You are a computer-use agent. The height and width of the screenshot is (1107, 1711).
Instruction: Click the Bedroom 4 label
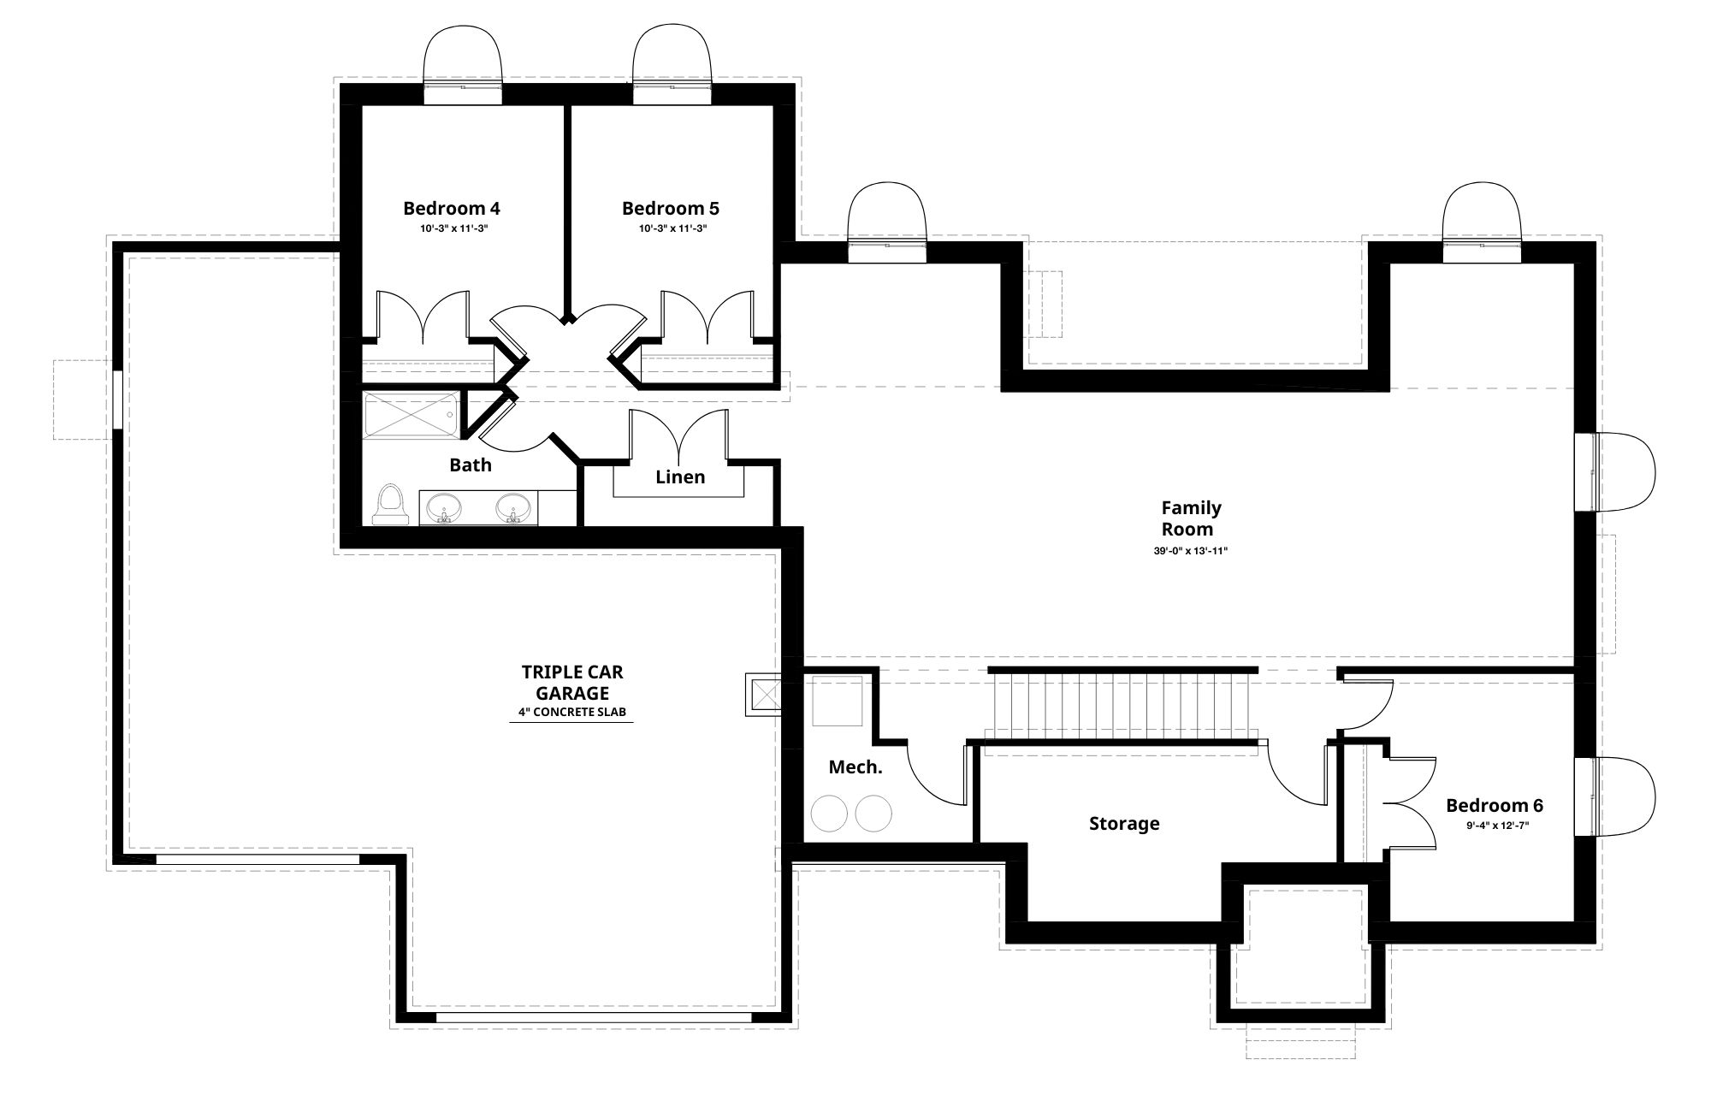452,208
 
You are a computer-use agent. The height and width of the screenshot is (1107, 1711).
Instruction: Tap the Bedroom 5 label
670,208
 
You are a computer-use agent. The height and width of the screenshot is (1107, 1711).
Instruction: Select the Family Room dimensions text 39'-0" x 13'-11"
1191,552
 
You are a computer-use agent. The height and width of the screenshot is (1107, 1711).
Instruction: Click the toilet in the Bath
390,504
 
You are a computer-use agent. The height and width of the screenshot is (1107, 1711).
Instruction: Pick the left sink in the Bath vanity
443,508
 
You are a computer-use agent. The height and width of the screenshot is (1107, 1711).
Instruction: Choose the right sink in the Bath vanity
513,508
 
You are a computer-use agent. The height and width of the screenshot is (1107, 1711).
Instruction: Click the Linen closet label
680,477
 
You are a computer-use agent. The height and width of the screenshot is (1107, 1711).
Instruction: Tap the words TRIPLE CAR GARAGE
572,683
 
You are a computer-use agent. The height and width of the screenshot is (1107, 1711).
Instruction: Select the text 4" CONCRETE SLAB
571,712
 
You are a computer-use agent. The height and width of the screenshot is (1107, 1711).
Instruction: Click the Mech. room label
855,767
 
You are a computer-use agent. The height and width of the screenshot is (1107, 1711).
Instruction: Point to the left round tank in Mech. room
828,813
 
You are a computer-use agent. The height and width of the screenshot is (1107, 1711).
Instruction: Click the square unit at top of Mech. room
837,701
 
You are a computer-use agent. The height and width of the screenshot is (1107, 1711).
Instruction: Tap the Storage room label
1124,824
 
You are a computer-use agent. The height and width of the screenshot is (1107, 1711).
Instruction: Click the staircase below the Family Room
1122,707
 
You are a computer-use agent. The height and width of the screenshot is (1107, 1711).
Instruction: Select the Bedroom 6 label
1495,805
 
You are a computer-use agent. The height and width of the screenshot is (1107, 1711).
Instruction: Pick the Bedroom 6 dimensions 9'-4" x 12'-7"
1497,826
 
